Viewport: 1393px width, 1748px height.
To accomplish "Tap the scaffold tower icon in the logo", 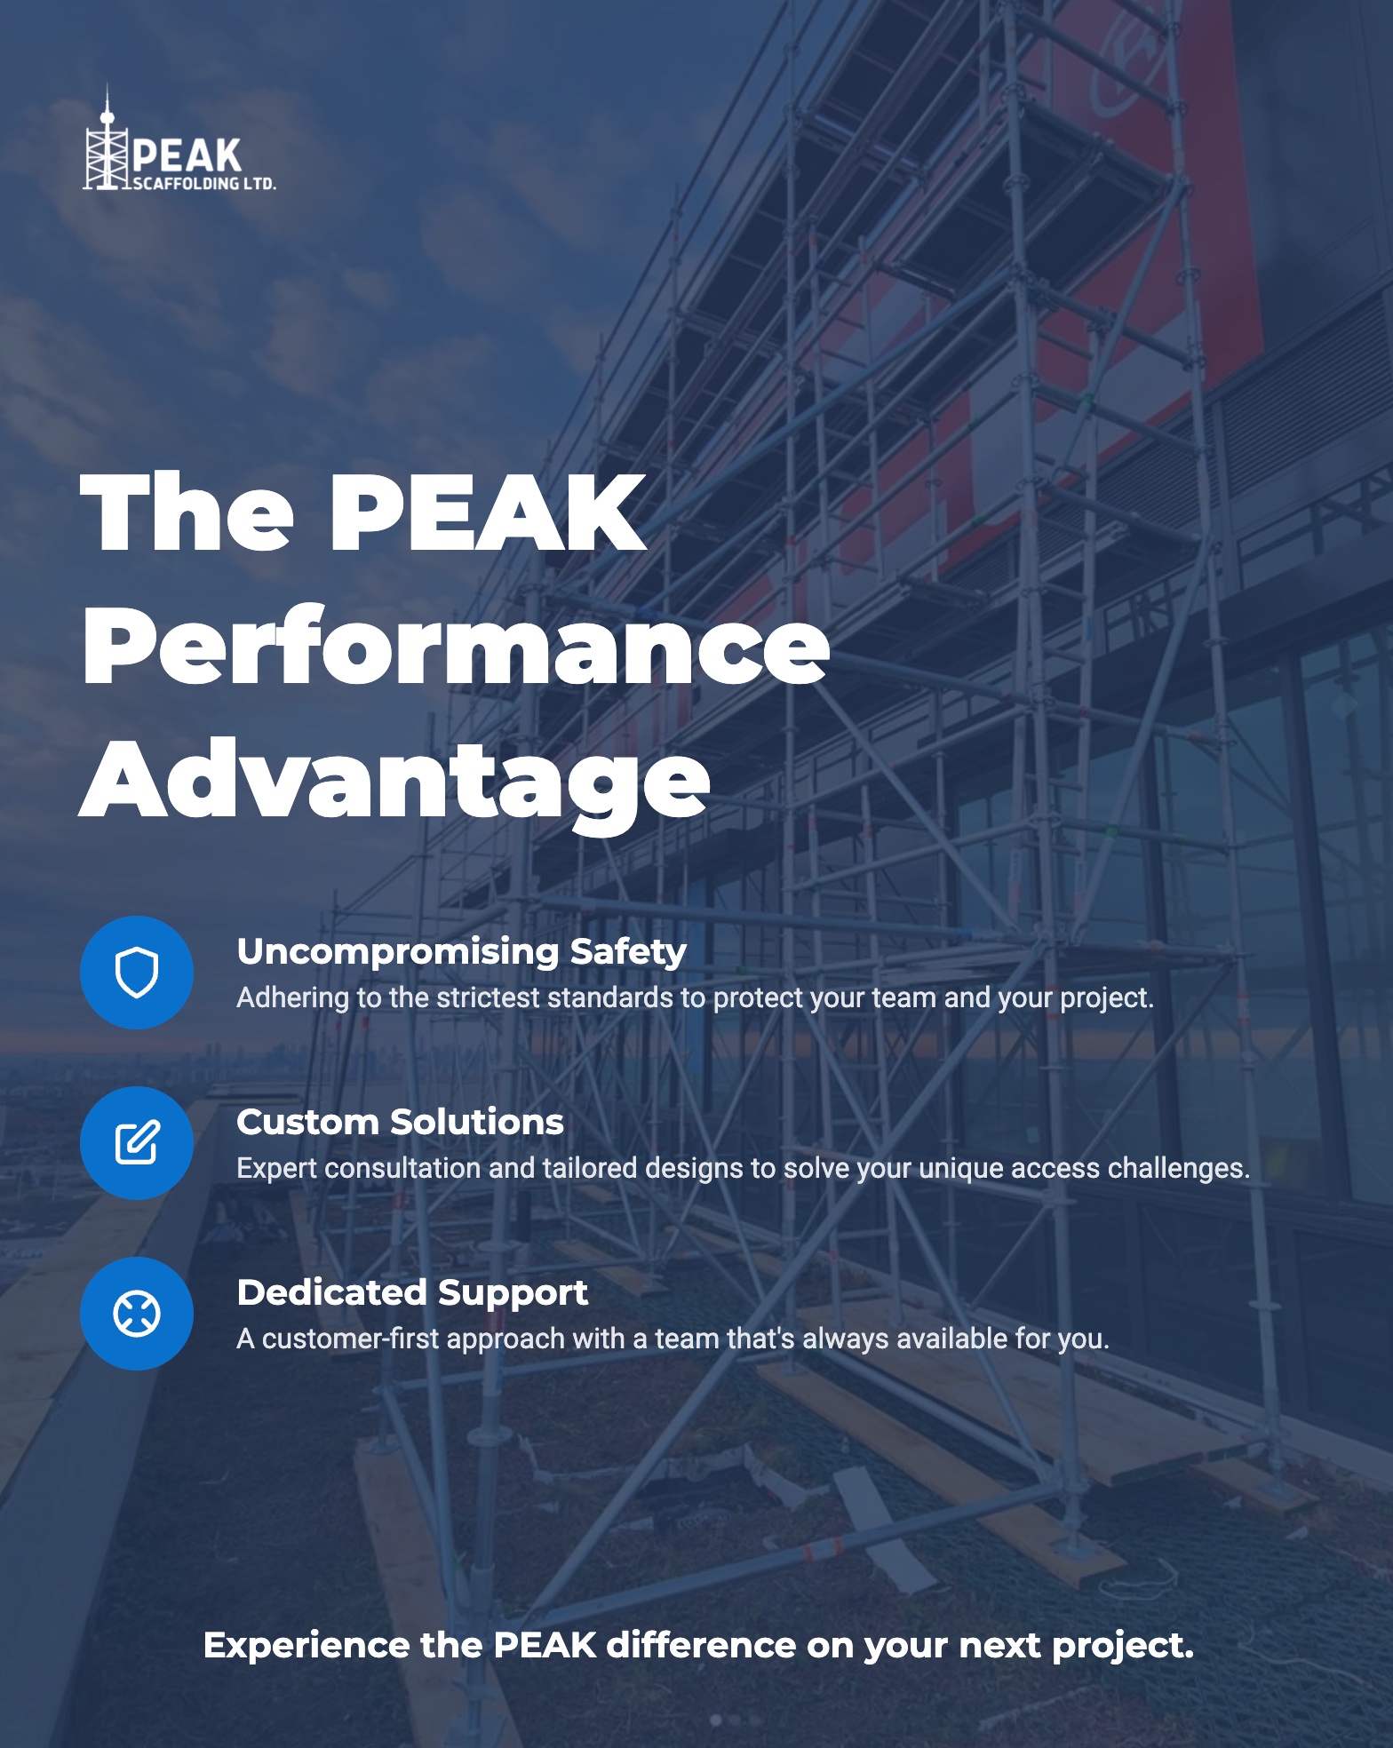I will (x=107, y=147).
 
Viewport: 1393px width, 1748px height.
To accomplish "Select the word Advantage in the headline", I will (x=395, y=781).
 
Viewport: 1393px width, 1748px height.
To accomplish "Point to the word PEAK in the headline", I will (x=489, y=513).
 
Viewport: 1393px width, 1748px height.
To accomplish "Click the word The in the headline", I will (x=187, y=513).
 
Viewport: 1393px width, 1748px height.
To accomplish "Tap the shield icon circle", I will (x=137, y=973).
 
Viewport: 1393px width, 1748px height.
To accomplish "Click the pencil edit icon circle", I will (x=137, y=1143).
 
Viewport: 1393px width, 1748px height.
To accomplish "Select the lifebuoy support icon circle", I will (x=137, y=1314).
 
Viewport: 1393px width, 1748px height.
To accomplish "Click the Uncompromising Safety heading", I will (x=461, y=951).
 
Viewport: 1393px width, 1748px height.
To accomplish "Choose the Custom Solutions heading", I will (x=400, y=1122).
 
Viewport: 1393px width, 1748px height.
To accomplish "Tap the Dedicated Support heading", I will (x=412, y=1292).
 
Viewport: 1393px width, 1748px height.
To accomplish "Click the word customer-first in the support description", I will (x=351, y=1339).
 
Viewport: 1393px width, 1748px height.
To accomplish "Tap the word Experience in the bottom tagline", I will (x=306, y=1646).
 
